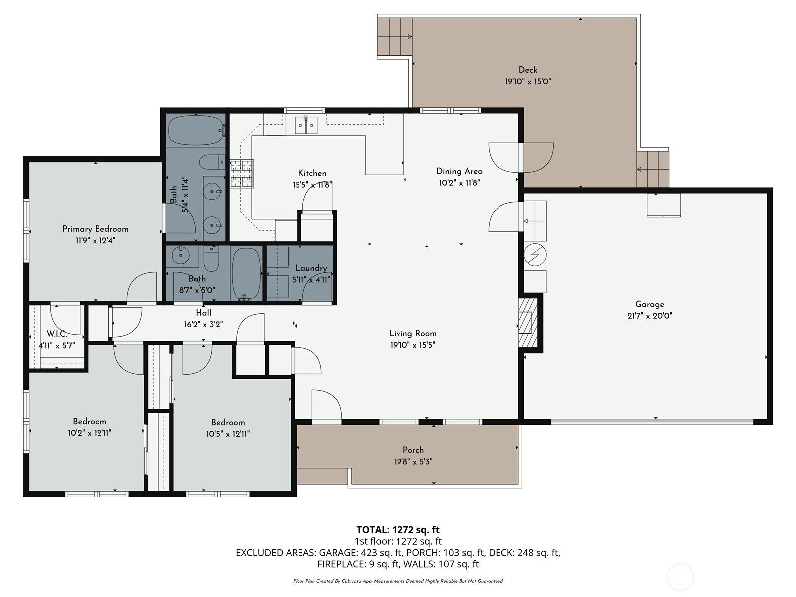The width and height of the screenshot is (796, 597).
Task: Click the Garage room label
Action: point(649,304)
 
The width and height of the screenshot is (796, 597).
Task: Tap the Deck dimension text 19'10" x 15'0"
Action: point(528,81)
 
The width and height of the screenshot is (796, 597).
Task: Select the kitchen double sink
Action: point(306,125)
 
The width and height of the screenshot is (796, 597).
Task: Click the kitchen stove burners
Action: point(242,173)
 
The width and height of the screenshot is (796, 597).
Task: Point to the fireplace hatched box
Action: point(528,322)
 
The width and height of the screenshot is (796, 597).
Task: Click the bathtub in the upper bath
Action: point(195,130)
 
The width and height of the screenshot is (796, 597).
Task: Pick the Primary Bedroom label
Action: point(96,229)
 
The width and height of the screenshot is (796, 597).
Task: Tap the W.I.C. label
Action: point(57,334)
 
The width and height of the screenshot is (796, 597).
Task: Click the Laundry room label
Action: point(311,268)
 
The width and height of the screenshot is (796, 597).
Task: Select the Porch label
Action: point(413,450)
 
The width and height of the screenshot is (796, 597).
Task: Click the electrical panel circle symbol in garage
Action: point(535,255)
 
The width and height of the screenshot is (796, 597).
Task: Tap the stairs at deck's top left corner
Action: point(395,37)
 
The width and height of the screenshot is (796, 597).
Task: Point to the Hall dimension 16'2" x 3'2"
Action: point(203,324)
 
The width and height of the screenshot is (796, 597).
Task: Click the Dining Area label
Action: point(459,171)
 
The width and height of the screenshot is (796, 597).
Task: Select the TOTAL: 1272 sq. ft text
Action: point(398,530)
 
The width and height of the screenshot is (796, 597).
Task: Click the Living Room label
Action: point(412,333)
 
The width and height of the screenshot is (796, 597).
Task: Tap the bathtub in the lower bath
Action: point(246,274)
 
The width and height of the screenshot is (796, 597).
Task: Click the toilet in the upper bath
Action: point(212,162)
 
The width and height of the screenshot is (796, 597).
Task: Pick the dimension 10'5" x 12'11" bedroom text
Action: point(228,434)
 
